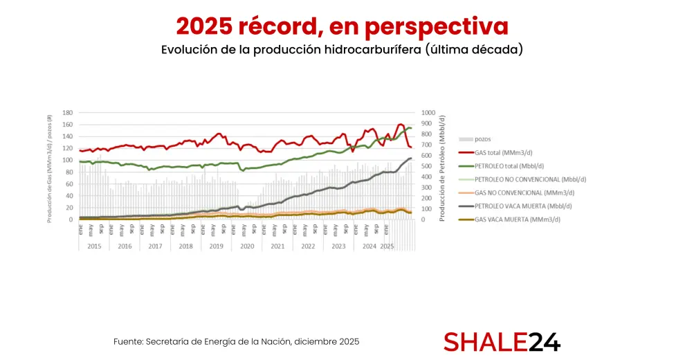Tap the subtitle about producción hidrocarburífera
pos(342,50)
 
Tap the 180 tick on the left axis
pos(68,112)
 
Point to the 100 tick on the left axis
pos(68,160)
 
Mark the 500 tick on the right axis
pos(426,166)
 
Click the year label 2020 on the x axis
pos(246,246)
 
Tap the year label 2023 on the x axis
pos(338,246)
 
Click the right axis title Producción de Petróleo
pos(441,166)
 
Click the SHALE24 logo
pos(502,342)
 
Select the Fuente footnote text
pos(236,342)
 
